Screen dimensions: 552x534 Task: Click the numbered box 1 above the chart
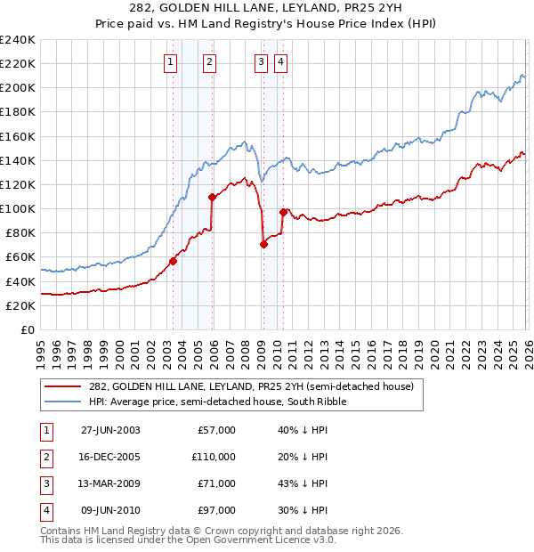pyautogui.click(x=170, y=62)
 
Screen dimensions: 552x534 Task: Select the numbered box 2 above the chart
pyautogui.click(x=209, y=62)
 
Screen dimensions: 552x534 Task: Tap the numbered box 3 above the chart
pyautogui.click(x=261, y=62)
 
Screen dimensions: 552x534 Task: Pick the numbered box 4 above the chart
pyautogui.click(x=280, y=62)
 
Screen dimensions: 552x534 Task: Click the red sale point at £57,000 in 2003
pyautogui.click(x=174, y=261)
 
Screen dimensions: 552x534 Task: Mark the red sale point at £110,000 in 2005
pyautogui.click(x=212, y=197)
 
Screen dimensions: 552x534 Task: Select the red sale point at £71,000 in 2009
pyautogui.click(x=263, y=244)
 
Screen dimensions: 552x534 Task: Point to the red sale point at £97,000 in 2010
pyautogui.click(x=282, y=212)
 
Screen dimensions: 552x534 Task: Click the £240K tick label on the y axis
pyautogui.click(x=18, y=40)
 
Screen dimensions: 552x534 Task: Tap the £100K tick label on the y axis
pyautogui.click(x=18, y=208)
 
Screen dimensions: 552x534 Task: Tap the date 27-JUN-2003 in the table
pyautogui.click(x=110, y=430)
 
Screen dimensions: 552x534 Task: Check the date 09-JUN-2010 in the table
pyautogui.click(x=110, y=510)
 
